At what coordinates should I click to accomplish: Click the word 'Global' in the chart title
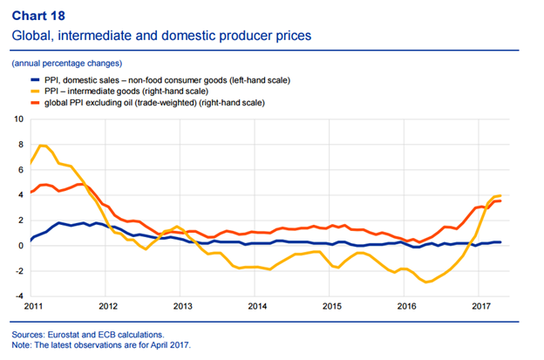(31, 36)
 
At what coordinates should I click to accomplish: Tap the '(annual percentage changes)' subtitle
(66, 64)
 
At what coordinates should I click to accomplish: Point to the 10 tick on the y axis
(19, 118)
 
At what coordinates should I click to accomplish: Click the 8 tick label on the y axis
(21, 143)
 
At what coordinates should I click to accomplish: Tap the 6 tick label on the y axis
(21, 168)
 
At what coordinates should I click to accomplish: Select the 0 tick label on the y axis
(21, 245)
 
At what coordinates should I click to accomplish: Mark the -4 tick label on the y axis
(19, 295)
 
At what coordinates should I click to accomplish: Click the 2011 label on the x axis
(33, 307)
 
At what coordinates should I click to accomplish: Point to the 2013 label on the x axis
(183, 307)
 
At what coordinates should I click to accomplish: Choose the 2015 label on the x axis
(331, 307)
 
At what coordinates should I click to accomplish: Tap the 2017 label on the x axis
(481, 307)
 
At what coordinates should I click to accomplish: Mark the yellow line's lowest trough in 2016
(427, 282)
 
